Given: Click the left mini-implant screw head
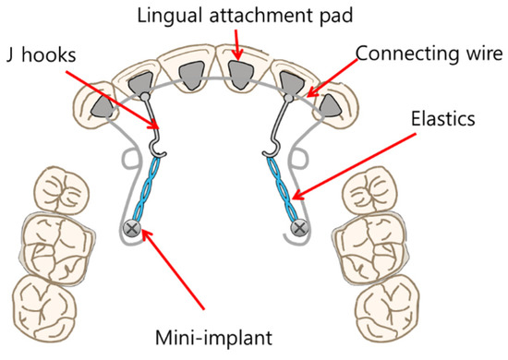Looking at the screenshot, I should tap(133, 226).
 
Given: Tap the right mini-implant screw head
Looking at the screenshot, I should tap(299, 226).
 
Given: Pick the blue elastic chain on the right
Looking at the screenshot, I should tap(286, 189).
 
